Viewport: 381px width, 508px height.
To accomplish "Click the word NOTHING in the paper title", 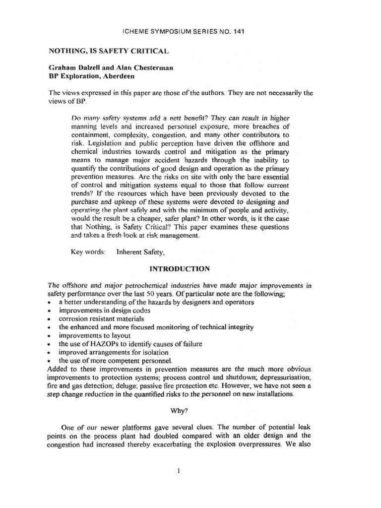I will [68, 51].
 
